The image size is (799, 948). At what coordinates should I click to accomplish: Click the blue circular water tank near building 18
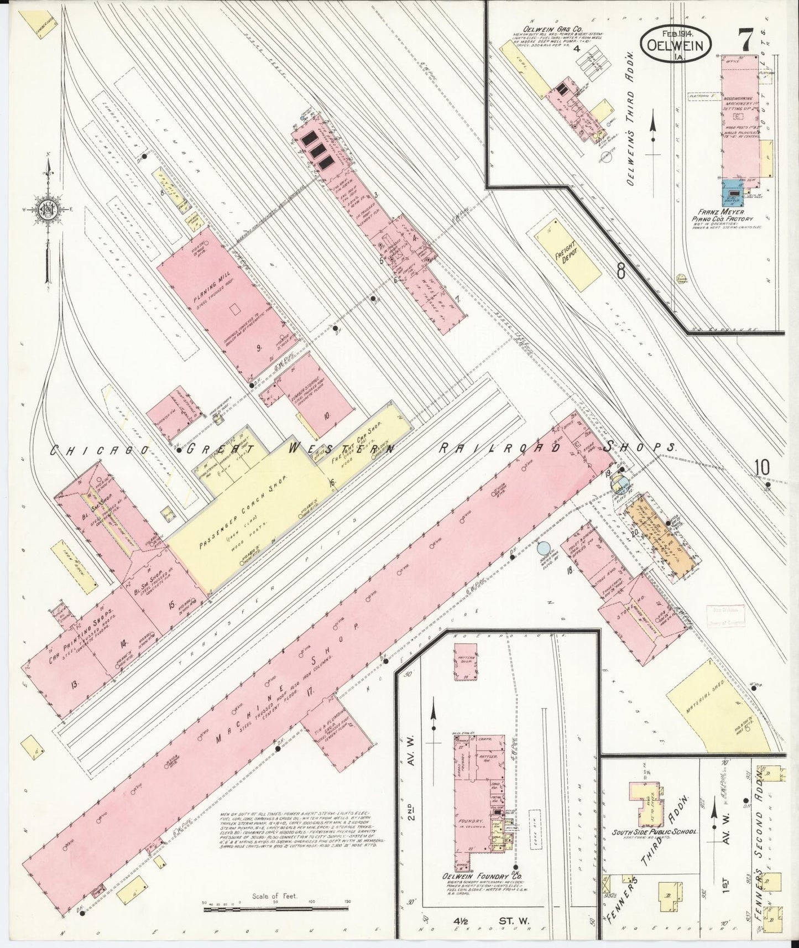pos(544,549)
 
